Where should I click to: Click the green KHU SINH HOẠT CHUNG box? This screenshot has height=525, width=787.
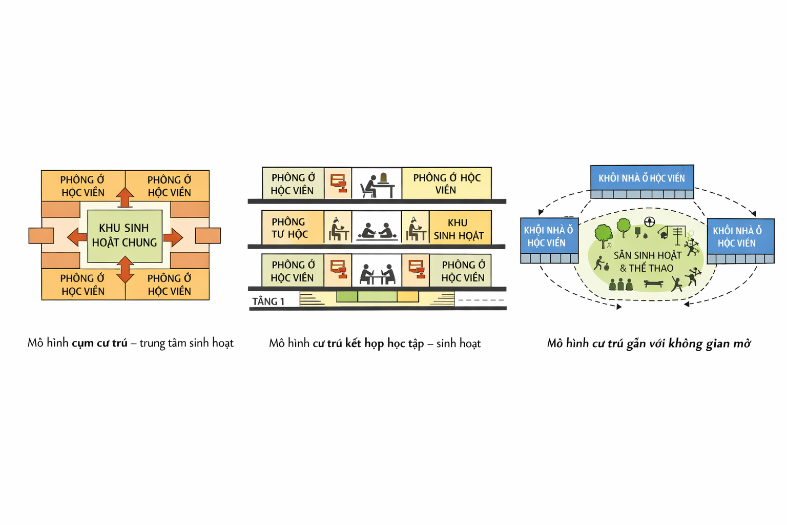pyautogui.click(x=125, y=236)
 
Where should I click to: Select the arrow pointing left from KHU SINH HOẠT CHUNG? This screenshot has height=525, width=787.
pyautogui.click(x=77, y=237)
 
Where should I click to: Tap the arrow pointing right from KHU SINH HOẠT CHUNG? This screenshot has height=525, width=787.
pyautogui.click(x=173, y=237)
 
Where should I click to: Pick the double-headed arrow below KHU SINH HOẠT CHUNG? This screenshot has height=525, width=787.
pyautogui.click(x=125, y=270)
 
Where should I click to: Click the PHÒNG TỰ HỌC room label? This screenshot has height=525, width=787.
pyautogui.click(x=290, y=228)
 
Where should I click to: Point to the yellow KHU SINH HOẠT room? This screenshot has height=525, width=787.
pyautogui.click(x=459, y=229)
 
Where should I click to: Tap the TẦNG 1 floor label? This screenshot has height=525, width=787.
pyautogui.click(x=268, y=301)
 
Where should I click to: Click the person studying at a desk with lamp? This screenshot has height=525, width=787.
pyautogui.click(x=377, y=185)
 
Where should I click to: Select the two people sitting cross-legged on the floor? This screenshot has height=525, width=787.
pyautogui.click(x=377, y=231)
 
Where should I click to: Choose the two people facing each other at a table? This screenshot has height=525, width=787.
pyautogui.click(x=377, y=274)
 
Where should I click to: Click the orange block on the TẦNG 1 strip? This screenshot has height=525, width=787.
pyautogui.click(x=408, y=296)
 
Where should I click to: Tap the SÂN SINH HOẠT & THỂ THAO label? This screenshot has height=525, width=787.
pyautogui.click(x=647, y=261)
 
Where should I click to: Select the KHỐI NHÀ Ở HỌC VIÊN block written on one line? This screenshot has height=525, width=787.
pyautogui.click(x=641, y=178)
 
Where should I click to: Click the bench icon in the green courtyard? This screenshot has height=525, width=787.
pyautogui.click(x=653, y=283)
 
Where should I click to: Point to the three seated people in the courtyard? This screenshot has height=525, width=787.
pyautogui.click(x=620, y=285)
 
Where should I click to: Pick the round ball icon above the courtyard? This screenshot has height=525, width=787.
pyautogui.click(x=650, y=222)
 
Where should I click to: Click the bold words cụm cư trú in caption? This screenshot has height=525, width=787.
pyautogui.click(x=99, y=343)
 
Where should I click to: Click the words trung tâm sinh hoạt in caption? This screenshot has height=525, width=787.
pyautogui.click(x=187, y=343)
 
